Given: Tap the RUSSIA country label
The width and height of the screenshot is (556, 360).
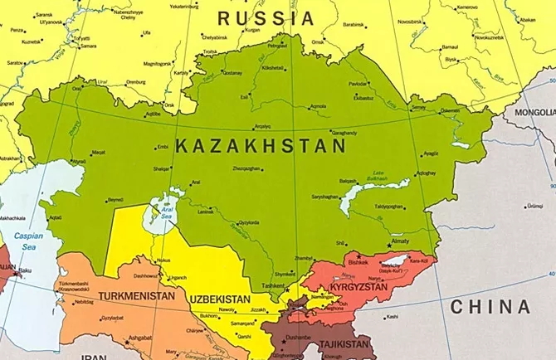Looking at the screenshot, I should pyautogui.click(x=266, y=17).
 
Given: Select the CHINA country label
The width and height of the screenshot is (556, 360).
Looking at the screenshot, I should pyautogui.click(x=490, y=307).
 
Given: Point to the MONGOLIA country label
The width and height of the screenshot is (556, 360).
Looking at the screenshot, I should pyautogui.click(x=534, y=112).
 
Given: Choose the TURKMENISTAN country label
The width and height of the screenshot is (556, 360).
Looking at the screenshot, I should pyautogui.click(x=136, y=296).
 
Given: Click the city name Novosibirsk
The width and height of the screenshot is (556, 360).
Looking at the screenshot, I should pyautogui.click(x=409, y=21).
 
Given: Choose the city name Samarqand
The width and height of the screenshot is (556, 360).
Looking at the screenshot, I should pyautogui.click(x=242, y=323).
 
